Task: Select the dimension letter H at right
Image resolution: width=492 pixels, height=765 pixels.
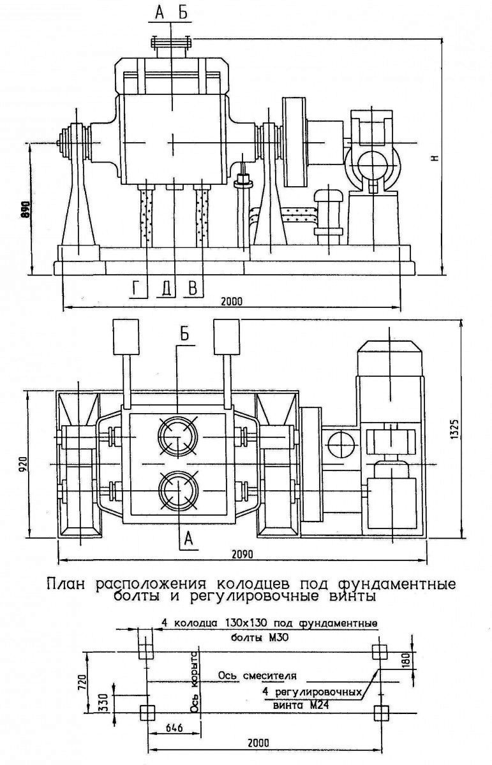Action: coord(436,156)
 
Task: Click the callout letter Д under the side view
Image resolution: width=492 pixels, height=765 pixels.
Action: coord(166,289)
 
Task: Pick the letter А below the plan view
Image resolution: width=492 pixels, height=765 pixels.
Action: coord(188,539)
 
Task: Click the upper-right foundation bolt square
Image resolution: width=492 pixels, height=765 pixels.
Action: coord(380,652)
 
